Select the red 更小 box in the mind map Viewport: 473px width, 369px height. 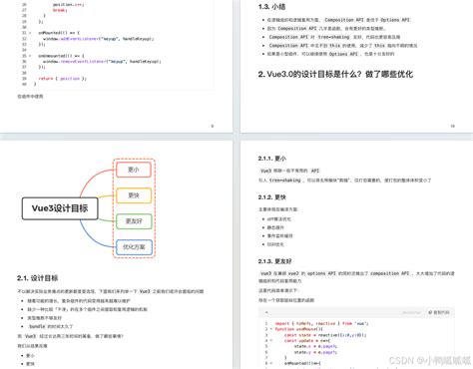coord(133,171)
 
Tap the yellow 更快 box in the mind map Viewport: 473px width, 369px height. coord(133,195)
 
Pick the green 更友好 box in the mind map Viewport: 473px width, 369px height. coord(133,220)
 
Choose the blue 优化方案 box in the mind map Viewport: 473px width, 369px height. coord(133,245)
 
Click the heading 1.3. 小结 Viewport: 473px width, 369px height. coord(272,7)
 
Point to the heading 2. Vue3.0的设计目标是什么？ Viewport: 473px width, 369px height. coord(333,75)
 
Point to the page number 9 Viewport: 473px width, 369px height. coord(213,126)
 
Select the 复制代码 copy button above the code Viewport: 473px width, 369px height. coord(437,311)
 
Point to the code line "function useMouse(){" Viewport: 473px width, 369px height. coord(299,328)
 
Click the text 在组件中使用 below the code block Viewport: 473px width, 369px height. coord(30,97)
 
